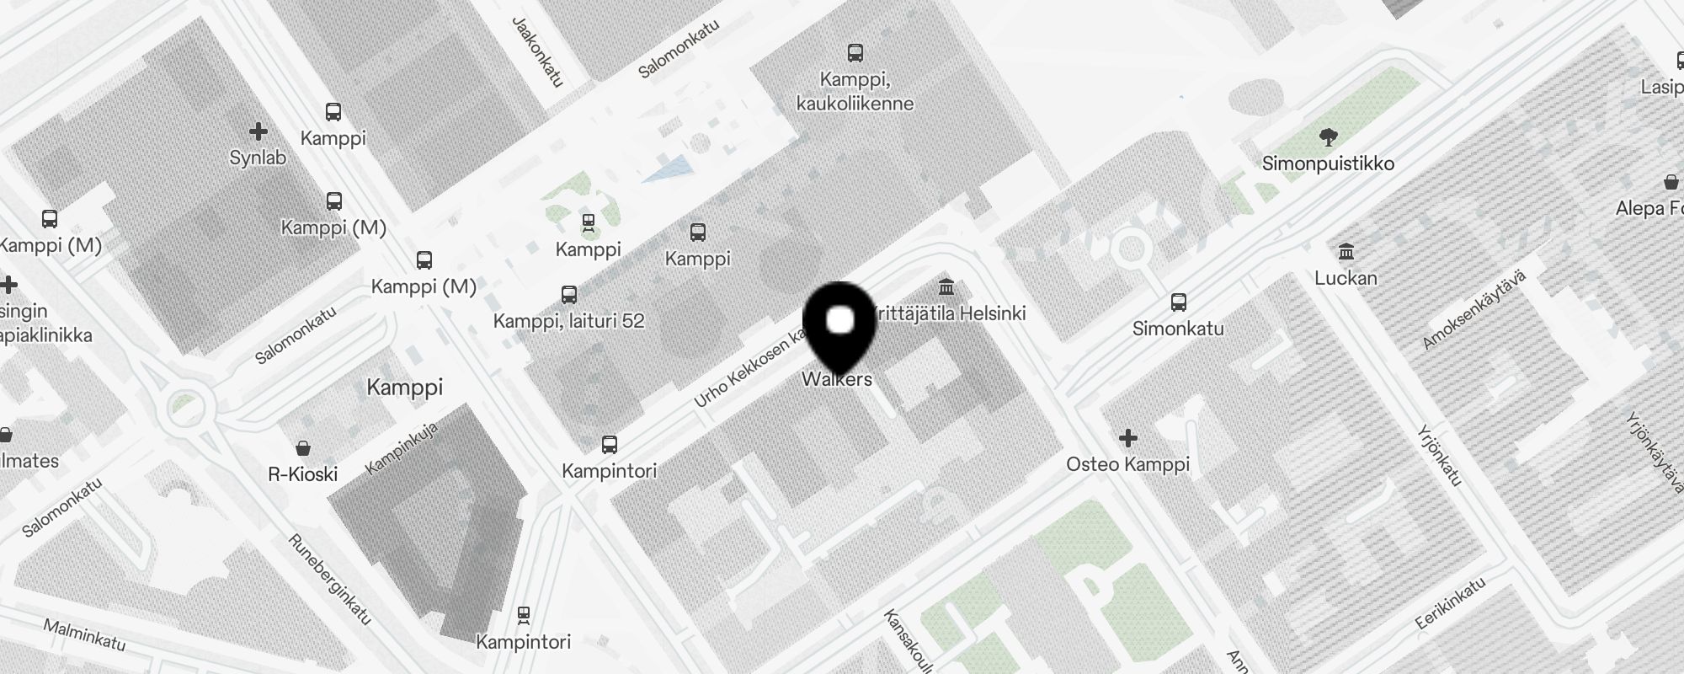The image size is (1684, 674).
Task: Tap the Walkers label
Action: tap(837, 379)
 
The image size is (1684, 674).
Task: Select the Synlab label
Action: tap(258, 158)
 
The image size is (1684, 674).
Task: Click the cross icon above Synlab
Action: tap(258, 131)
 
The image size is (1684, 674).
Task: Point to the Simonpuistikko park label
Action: tap(1328, 163)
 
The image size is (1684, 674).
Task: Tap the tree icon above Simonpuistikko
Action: tap(1329, 136)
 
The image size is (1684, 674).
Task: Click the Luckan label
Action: tap(1346, 278)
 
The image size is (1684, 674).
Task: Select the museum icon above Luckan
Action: tap(1346, 252)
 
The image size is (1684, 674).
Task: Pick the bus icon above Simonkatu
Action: tap(1179, 302)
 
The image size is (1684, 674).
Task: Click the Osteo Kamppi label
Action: tap(1127, 464)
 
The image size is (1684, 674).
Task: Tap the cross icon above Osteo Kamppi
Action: tap(1128, 438)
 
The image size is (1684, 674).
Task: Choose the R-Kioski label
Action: tap(303, 474)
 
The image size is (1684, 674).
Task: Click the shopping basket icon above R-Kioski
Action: tap(303, 448)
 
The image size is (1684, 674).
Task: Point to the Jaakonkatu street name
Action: tap(537, 51)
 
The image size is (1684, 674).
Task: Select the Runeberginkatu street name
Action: tap(329, 580)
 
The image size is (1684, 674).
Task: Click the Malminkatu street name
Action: tap(84, 634)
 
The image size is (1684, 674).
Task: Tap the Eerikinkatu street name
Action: tap(1450, 603)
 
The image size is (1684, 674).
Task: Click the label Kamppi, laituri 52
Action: tap(568, 321)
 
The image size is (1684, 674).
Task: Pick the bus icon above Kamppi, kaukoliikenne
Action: tap(855, 53)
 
